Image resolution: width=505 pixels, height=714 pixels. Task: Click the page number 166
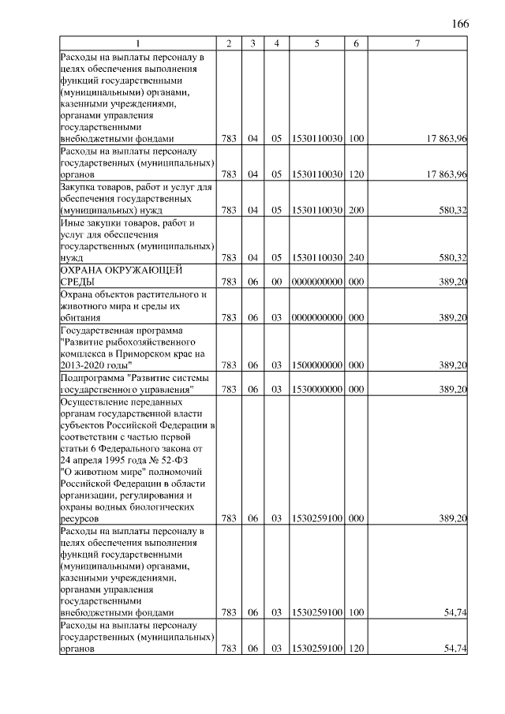point(460,23)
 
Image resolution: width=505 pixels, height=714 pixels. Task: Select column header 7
point(417,43)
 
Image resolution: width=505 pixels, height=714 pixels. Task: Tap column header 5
point(316,43)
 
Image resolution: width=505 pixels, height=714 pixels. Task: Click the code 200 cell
point(356,211)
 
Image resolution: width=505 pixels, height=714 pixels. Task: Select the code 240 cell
point(356,257)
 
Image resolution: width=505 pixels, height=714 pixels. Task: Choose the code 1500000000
point(316,365)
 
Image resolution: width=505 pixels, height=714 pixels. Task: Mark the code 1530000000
point(316,390)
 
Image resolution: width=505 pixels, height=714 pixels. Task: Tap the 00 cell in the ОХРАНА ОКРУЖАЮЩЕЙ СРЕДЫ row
point(277,282)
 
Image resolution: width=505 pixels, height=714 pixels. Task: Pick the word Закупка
point(80,187)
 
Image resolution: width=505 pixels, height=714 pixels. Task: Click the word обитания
point(80,318)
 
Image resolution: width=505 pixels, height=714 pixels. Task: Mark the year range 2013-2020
point(88,365)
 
